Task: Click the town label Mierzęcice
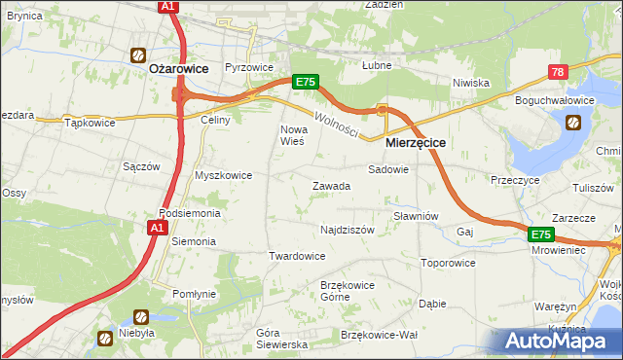pyautogui.click(x=416, y=142)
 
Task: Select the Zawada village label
pyautogui.click(x=331, y=186)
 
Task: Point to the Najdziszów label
pyautogui.click(x=348, y=231)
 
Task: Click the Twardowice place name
pyautogui.click(x=296, y=256)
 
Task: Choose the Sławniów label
pyautogui.click(x=416, y=216)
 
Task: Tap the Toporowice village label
pyautogui.click(x=448, y=263)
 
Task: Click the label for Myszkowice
pyautogui.click(x=224, y=175)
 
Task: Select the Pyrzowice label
pyautogui.click(x=248, y=67)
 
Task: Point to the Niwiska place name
pyautogui.click(x=470, y=83)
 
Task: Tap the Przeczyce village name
pyautogui.click(x=515, y=180)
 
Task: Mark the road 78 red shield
pyautogui.click(x=558, y=72)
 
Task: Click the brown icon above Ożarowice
pyautogui.click(x=139, y=55)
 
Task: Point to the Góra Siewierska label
pyautogui.click(x=281, y=339)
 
